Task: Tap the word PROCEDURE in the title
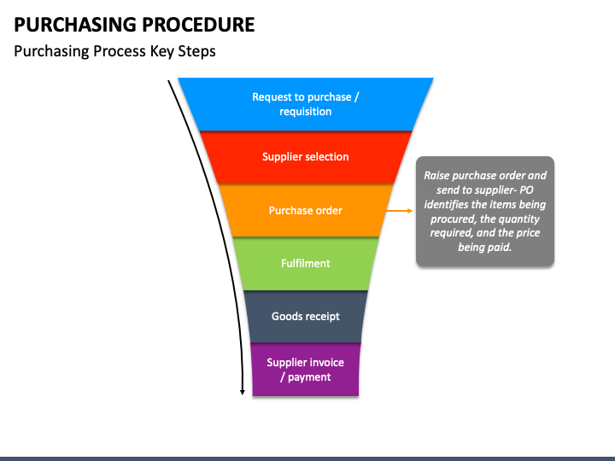(x=198, y=25)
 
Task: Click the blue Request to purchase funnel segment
(x=306, y=104)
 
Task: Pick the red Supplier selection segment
(x=306, y=157)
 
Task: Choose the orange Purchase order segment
(x=306, y=211)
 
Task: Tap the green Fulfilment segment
(x=306, y=264)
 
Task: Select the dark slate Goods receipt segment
(x=306, y=317)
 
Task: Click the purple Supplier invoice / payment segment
(x=306, y=370)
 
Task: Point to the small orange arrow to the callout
(x=399, y=211)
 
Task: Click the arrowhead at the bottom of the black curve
(x=243, y=392)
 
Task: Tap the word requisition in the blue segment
(x=306, y=112)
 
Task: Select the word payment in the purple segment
(x=309, y=377)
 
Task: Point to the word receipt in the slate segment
(x=322, y=317)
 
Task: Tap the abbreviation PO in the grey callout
(x=527, y=190)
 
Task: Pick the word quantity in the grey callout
(x=520, y=219)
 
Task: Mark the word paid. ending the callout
(x=500, y=248)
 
